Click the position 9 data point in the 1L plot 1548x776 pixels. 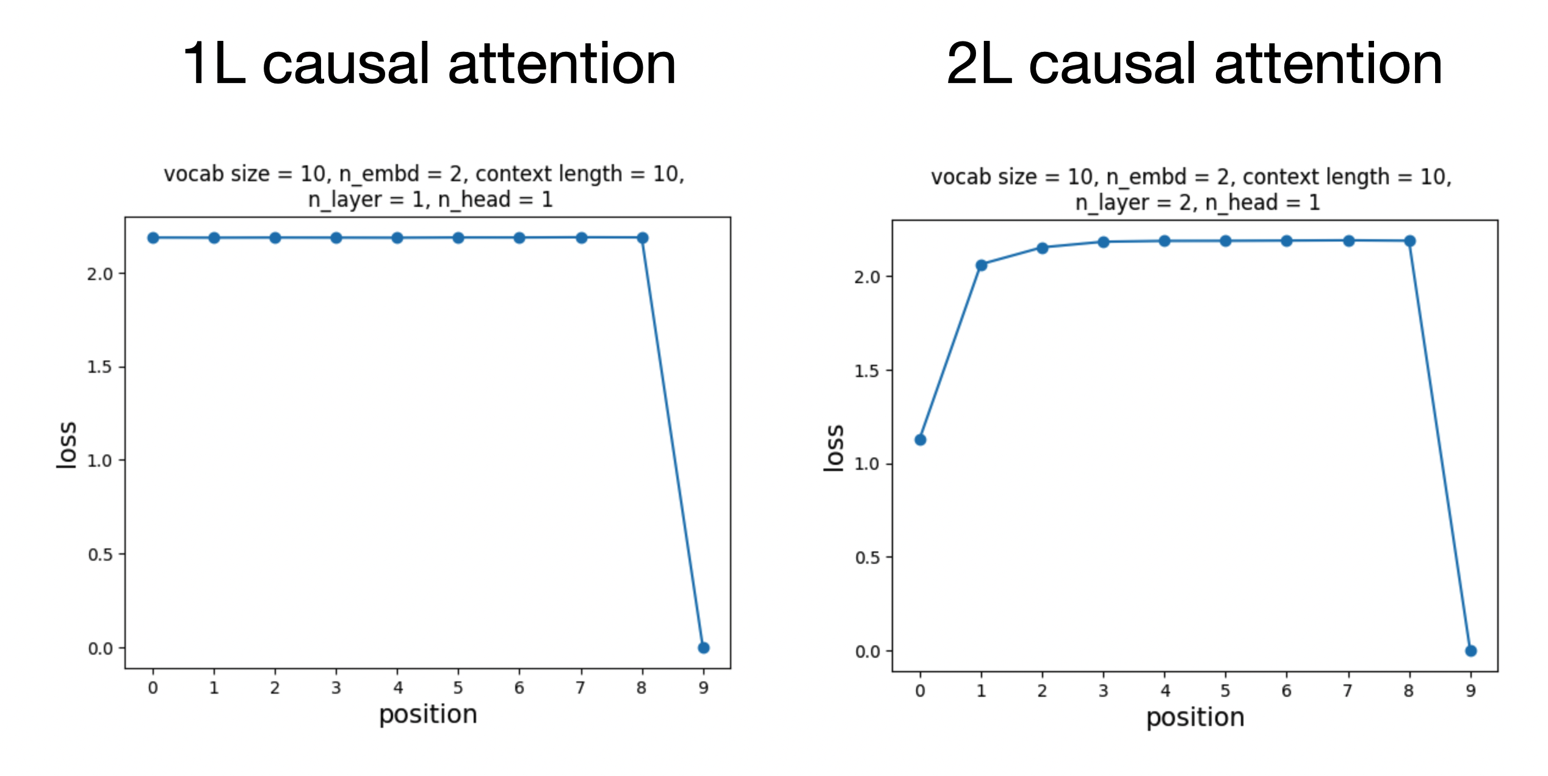pos(703,647)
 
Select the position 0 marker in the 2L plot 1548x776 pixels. pos(920,440)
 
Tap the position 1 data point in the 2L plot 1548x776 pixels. pos(981,265)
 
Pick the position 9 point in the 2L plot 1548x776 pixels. pos(1470,651)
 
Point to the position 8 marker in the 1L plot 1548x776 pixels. pos(642,238)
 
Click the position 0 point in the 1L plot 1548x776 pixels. pos(153,238)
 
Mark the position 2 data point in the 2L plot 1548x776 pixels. pos(1042,248)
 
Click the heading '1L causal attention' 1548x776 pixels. pos(429,63)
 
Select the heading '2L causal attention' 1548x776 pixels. pos(1194,63)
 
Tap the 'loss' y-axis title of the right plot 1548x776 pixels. pos(833,448)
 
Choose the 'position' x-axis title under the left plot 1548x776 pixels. pos(428,714)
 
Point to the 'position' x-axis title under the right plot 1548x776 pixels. pos(1195,717)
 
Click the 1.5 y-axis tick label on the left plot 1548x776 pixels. pos(99,367)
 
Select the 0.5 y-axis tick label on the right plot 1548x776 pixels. pos(867,558)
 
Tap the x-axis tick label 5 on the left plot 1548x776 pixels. pos(458,688)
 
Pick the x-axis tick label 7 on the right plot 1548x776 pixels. pos(1347,691)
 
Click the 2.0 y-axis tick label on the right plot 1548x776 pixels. pos(867,277)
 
